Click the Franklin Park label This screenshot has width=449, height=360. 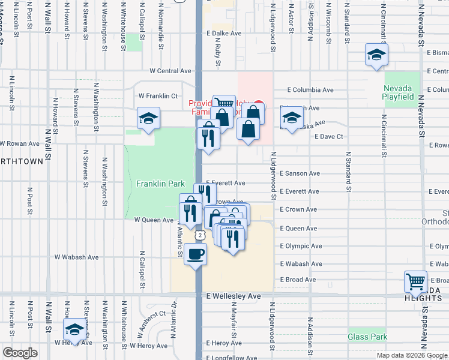160,184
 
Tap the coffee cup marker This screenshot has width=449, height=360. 195,255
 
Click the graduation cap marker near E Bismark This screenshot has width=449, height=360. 376,56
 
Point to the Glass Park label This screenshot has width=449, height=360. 367,337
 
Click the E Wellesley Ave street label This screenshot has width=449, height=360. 234,296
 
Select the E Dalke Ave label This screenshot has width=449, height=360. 223,34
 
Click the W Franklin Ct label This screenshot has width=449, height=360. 158,95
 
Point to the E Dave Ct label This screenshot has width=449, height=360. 329,137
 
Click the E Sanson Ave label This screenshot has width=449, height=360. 300,173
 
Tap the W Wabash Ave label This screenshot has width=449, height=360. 76,257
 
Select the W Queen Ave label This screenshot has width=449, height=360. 154,220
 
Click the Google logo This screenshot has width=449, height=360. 20,353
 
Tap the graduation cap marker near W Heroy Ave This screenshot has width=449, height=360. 74,329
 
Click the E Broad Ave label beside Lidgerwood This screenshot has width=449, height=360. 298,280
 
